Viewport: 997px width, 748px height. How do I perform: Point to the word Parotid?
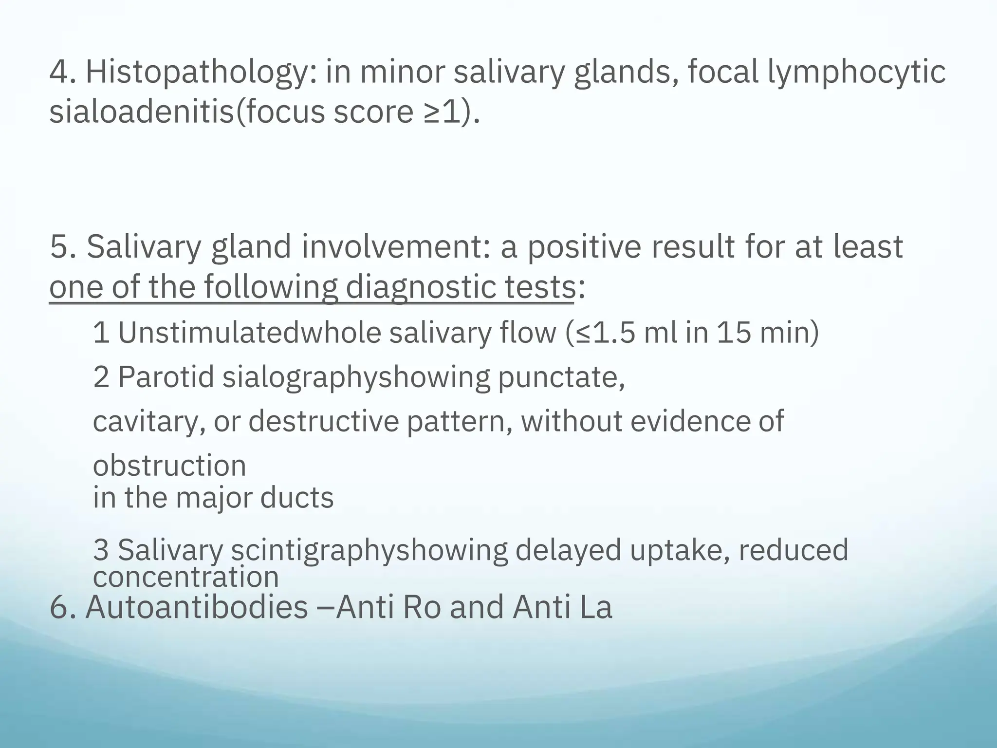pos(166,377)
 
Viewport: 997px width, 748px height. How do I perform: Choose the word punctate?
pos(560,377)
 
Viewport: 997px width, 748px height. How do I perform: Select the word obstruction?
pos(169,466)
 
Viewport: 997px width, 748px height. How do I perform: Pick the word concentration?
pos(185,578)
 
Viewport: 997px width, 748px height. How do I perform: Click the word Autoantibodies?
pos(197,608)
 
